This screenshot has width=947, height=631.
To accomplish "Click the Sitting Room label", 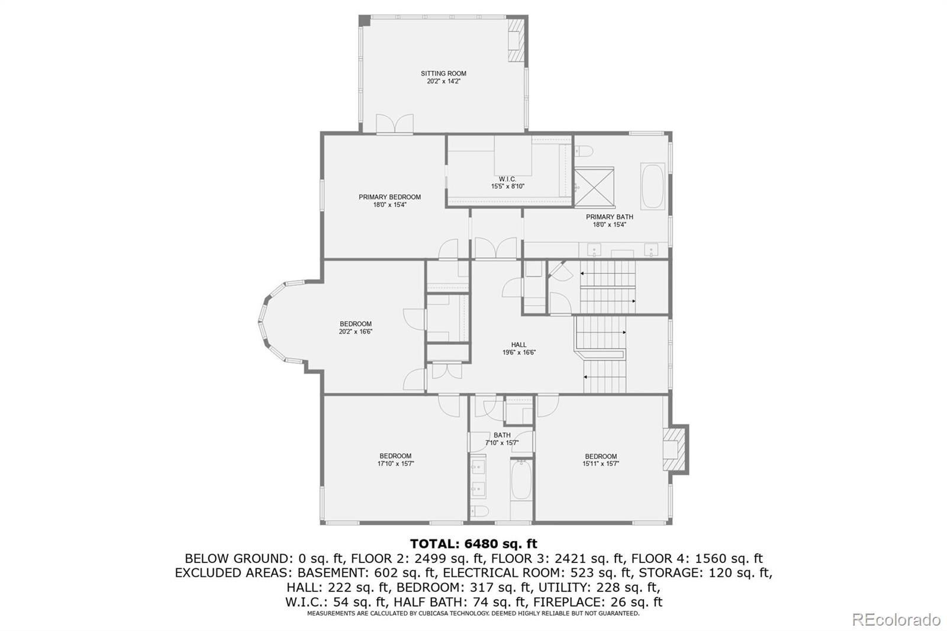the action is point(443,73).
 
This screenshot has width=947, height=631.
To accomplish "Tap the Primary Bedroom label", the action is point(390,197).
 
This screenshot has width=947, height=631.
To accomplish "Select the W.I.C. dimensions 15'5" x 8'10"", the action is point(507,186).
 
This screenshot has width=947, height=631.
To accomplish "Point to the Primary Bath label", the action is point(609,217).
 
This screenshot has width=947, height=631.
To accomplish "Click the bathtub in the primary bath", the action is point(653,186).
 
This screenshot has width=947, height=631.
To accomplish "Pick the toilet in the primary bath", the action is point(584,151).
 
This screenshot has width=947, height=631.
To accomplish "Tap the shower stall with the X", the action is point(594,188).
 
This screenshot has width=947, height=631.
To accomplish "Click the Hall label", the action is point(518,345).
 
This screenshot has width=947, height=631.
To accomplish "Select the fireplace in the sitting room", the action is point(516,40).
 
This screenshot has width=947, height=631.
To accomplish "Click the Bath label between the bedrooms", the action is point(502,435).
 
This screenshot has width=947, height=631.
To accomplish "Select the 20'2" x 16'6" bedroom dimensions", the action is point(356,332).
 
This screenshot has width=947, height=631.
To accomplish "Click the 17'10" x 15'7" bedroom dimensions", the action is point(395,463).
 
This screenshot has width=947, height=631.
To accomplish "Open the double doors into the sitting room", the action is point(395,124).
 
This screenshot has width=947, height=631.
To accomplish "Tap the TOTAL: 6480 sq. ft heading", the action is point(474,543).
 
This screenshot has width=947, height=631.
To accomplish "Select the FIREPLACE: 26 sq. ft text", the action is point(598,602).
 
